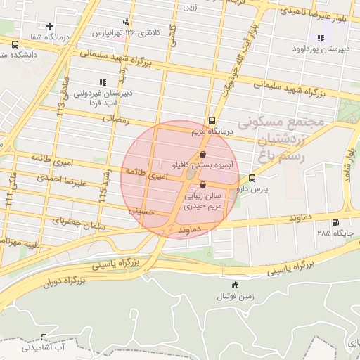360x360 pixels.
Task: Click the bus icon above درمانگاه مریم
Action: pos(212,120)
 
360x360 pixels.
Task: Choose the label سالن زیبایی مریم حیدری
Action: pos(203,202)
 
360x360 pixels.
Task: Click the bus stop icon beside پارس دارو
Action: pos(252,188)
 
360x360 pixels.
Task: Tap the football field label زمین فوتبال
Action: pos(235,297)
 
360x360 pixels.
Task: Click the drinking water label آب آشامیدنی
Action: pos(43,347)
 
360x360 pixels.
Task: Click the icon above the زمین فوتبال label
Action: pos(235,285)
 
